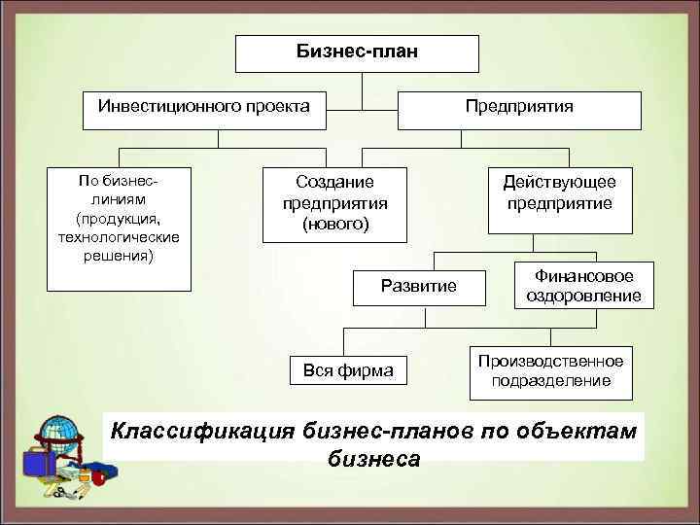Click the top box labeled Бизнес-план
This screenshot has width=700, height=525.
point(358,52)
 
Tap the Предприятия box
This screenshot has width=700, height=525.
point(519,105)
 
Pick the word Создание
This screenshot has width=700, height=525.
point(334,182)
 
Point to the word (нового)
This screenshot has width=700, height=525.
point(334,225)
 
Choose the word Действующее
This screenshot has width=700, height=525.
point(559,182)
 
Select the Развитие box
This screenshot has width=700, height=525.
point(418,286)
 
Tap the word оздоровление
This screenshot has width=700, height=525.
point(584,296)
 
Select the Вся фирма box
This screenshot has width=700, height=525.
point(349,369)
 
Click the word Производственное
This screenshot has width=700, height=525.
point(550,362)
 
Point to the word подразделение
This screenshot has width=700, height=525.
point(550,381)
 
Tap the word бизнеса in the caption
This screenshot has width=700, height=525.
point(373,458)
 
